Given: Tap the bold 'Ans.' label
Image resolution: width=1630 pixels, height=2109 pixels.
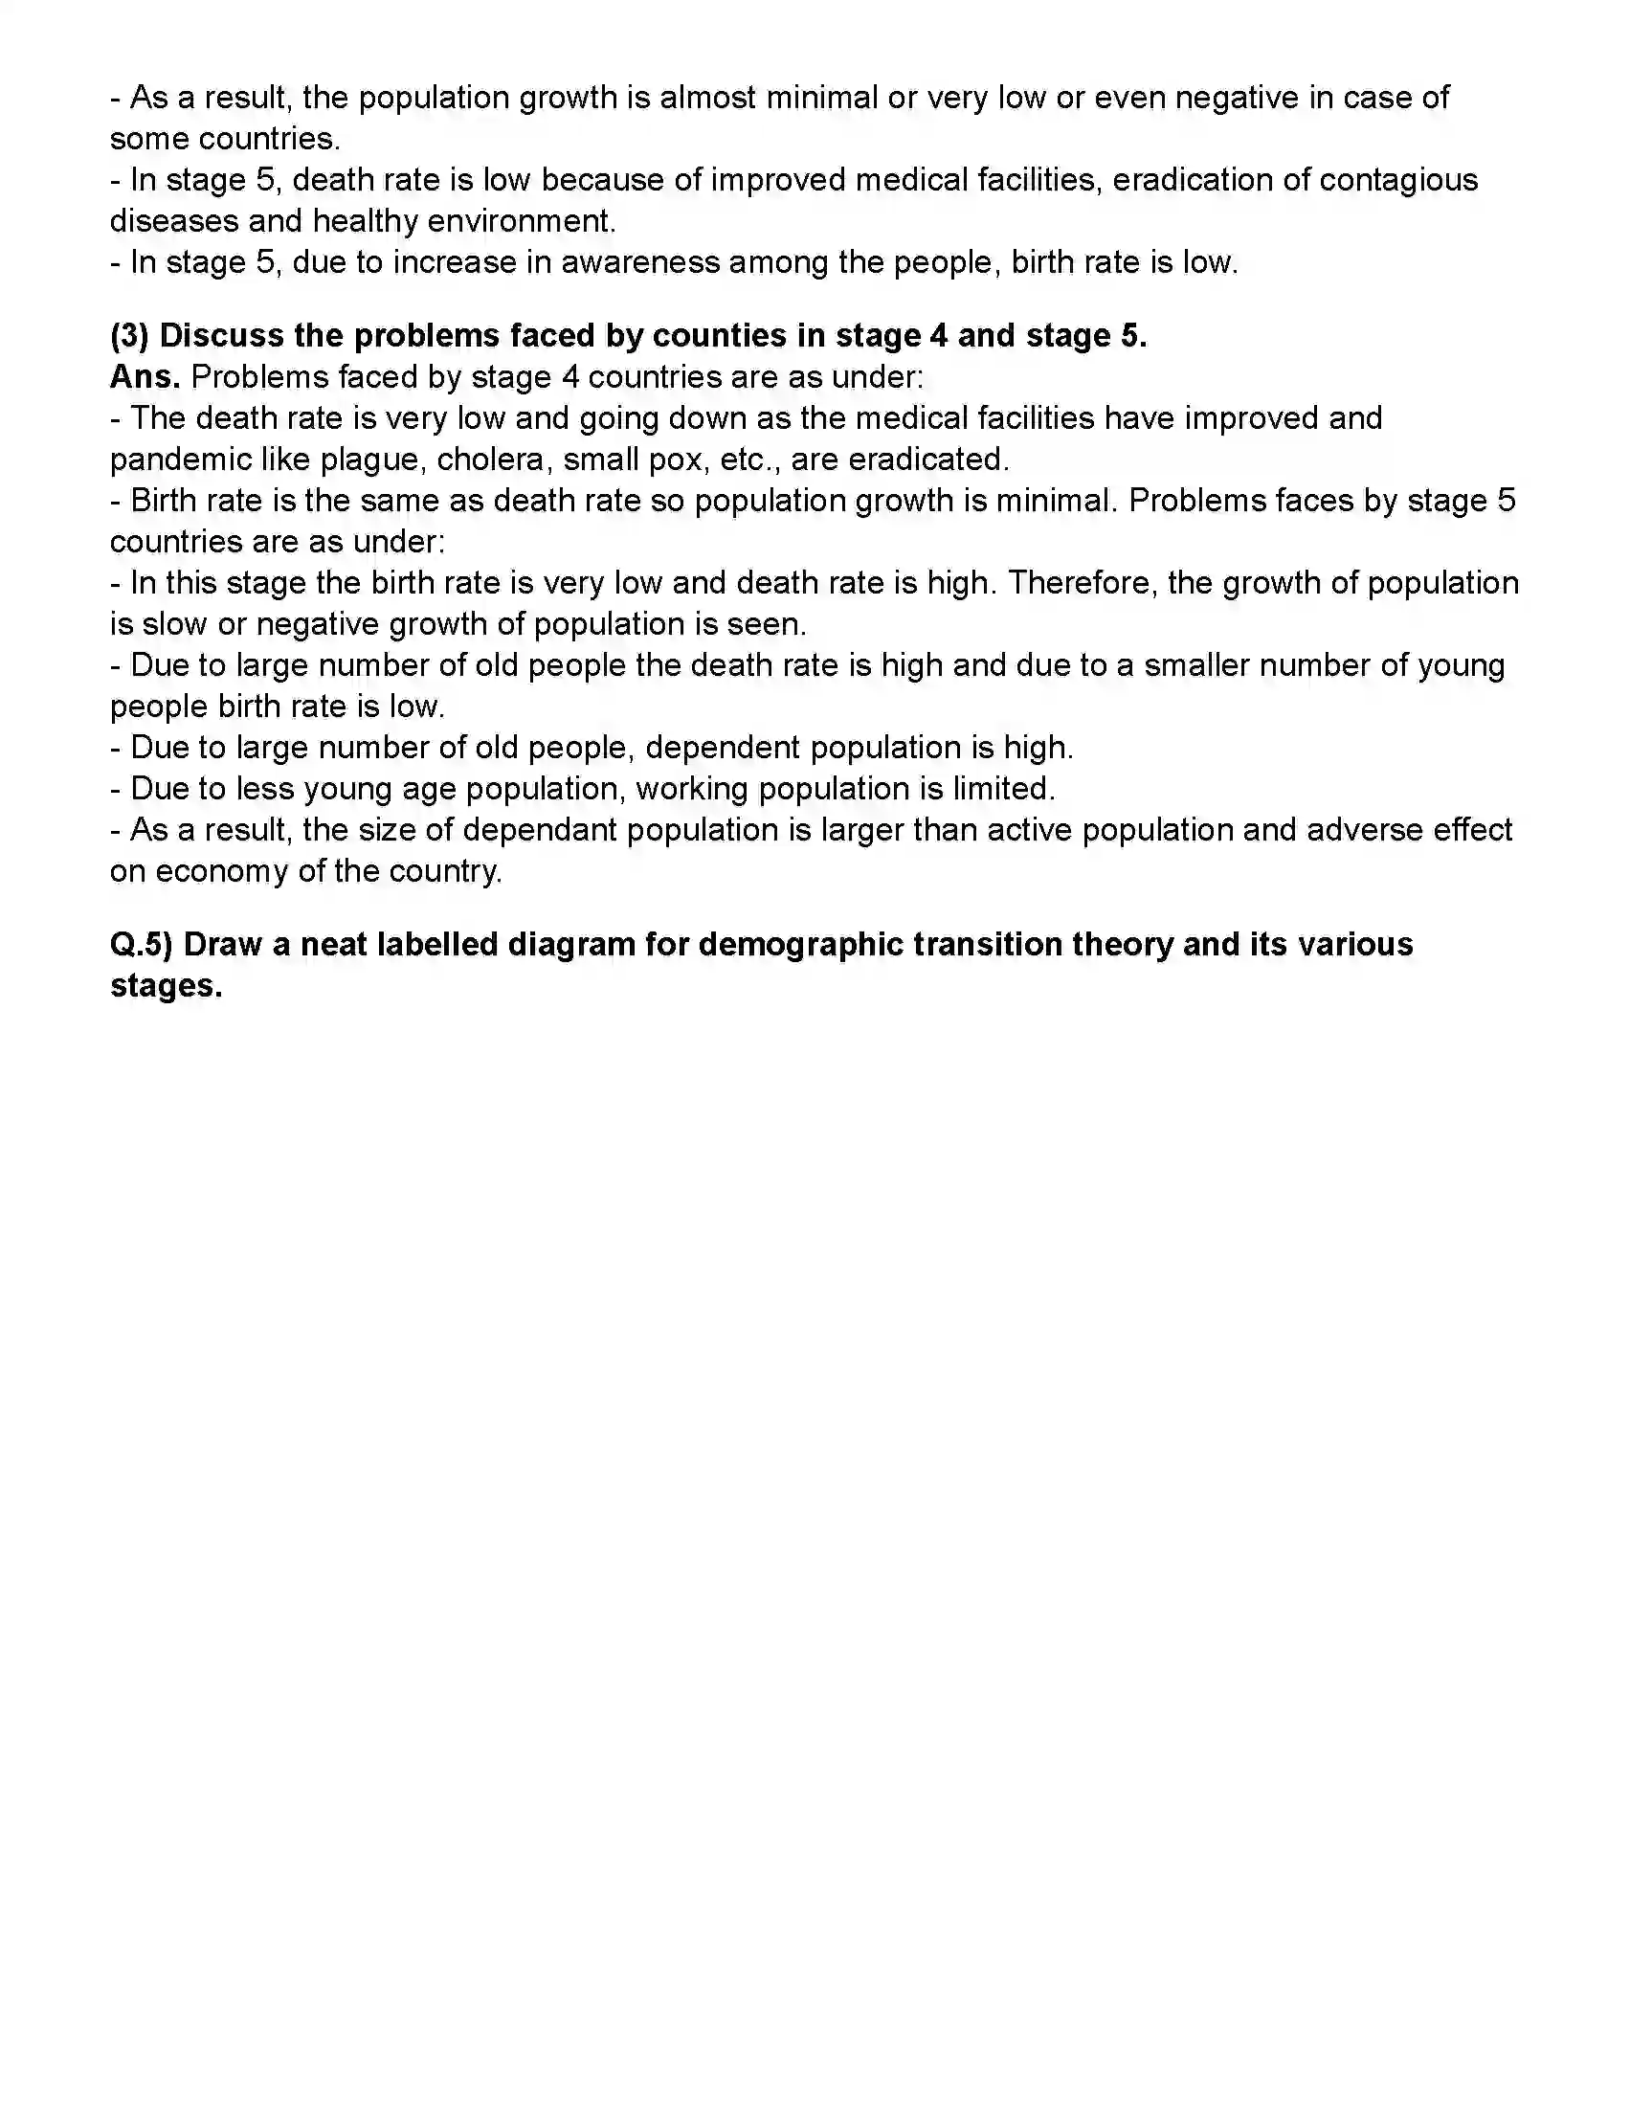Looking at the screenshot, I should point(145,377).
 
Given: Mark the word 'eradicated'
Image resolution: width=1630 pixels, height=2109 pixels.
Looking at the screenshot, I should point(928,460).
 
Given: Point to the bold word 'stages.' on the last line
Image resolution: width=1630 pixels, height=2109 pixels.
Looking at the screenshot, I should point(167,986).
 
